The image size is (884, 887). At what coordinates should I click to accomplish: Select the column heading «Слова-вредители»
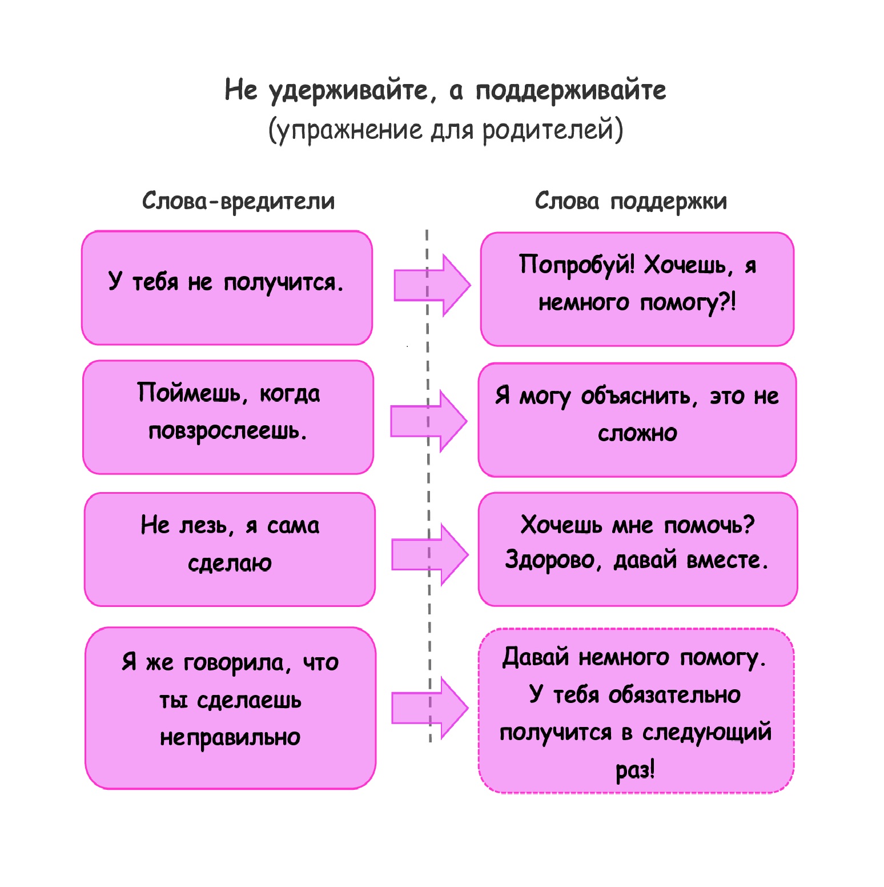[238, 201]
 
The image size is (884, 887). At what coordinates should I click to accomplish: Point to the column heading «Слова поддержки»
[630, 201]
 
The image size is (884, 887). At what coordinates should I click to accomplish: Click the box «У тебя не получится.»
[227, 287]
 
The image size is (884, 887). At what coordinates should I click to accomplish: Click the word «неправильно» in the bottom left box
[230, 738]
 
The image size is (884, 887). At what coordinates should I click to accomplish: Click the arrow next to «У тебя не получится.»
[432, 285]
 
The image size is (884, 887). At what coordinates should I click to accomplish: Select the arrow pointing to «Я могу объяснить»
[428, 422]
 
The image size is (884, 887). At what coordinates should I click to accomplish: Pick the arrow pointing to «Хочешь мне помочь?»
[429, 554]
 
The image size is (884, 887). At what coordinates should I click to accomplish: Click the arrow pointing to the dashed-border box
[429, 708]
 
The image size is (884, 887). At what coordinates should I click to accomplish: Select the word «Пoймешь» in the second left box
[190, 394]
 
